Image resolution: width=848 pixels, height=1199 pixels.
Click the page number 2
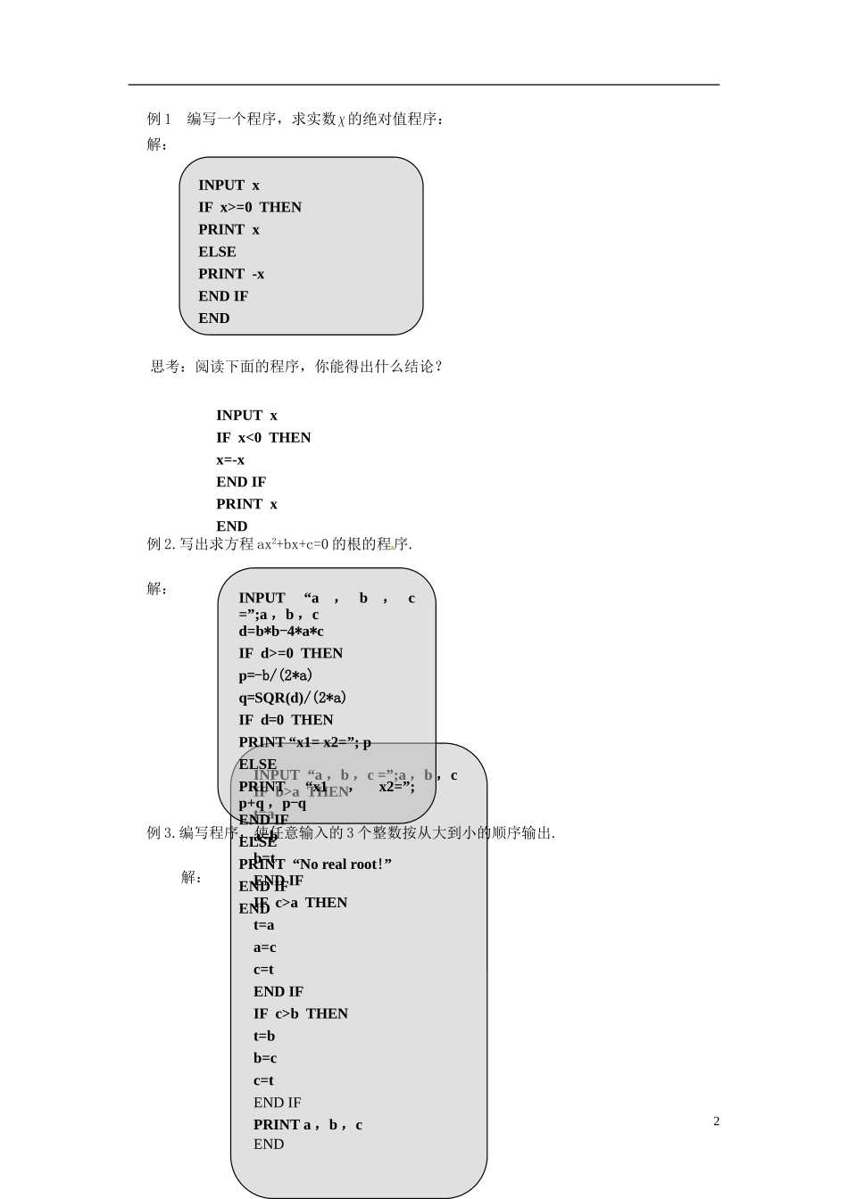click(x=716, y=1121)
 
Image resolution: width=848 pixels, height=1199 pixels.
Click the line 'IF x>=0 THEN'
click(x=250, y=207)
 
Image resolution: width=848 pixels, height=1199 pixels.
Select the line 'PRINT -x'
click(x=231, y=274)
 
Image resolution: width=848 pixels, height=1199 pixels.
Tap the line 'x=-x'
click(x=230, y=459)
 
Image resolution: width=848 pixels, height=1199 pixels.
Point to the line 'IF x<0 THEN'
click(x=263, y=437)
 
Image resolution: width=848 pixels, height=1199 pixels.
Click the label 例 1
click(x=158, y=119)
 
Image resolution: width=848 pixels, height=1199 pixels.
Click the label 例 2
click(x=161, y=543)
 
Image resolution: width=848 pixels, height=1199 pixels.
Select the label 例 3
click(x=161, y=833)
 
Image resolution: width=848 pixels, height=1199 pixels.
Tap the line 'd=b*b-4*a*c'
click(x=281, y=632)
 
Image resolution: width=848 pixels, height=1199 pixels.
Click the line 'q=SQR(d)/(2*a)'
click(x=292, y=698)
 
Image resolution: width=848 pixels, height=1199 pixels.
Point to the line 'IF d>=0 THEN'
click(x=290, y=653)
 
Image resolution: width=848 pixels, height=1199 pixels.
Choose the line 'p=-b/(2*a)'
click(x=275, y=675)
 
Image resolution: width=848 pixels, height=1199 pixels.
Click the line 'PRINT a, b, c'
click(x=308, y=1125)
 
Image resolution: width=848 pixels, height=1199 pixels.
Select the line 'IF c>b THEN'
click(x=301, y=1013)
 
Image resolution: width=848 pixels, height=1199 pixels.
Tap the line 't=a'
click(x=263, y=925)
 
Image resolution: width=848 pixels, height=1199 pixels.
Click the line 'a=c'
click(x=264, y=947)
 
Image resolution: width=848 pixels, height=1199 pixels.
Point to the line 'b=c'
click(x=265, y=1058)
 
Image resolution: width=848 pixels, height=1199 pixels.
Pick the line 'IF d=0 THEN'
click(x=286, y=720)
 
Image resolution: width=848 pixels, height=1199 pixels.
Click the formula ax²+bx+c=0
click(x=293, y=543)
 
